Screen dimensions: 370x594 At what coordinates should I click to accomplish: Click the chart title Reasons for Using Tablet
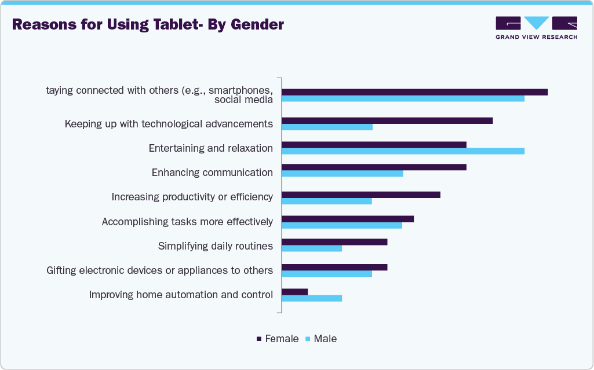pos(148,25)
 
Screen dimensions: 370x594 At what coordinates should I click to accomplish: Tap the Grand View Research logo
pos(536,27)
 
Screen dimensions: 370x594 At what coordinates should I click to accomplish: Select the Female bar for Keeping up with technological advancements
pos(387,120)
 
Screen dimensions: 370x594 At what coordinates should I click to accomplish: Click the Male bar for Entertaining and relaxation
pos(403,151)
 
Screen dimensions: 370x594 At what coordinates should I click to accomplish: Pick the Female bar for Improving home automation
pos(294,292)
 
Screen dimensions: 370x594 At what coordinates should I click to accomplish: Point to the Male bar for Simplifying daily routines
pos(312,248)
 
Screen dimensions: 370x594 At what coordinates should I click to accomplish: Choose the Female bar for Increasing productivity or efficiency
pos(360,195)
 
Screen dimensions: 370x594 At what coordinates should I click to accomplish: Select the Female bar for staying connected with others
pos(414,92)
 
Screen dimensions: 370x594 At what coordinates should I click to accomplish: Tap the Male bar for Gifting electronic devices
pos(326,273)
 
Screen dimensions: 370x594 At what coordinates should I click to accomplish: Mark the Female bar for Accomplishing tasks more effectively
pos(347,219)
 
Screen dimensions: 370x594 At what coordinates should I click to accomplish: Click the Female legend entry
pos(278,339)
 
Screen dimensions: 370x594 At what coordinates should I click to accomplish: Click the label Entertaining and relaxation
pos(210,148)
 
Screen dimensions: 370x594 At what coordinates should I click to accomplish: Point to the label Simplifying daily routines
pos(215,246)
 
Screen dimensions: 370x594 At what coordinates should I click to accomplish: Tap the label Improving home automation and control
pos(180,295)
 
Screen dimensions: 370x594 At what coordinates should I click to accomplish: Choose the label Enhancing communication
pos(212,173)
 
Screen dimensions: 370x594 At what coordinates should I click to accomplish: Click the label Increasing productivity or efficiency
pos(192,197)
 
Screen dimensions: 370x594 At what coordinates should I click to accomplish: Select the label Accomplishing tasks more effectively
pos(187,222)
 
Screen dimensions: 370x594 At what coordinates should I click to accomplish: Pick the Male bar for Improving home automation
pos(312,298)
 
